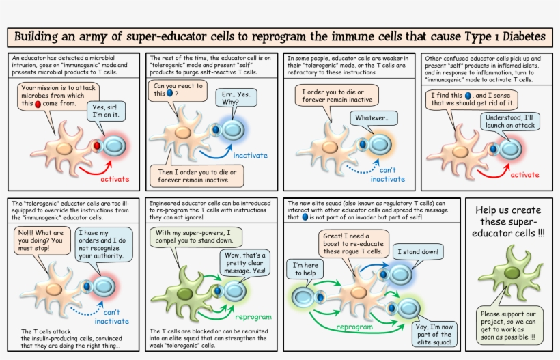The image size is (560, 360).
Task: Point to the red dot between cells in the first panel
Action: click(x=98, y=146)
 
